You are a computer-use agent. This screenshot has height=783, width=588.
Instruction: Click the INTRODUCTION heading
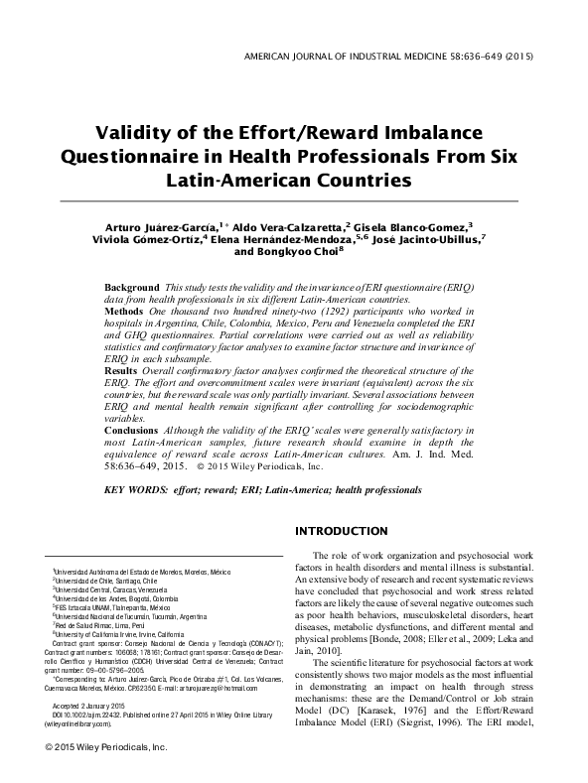pos(348,532)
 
